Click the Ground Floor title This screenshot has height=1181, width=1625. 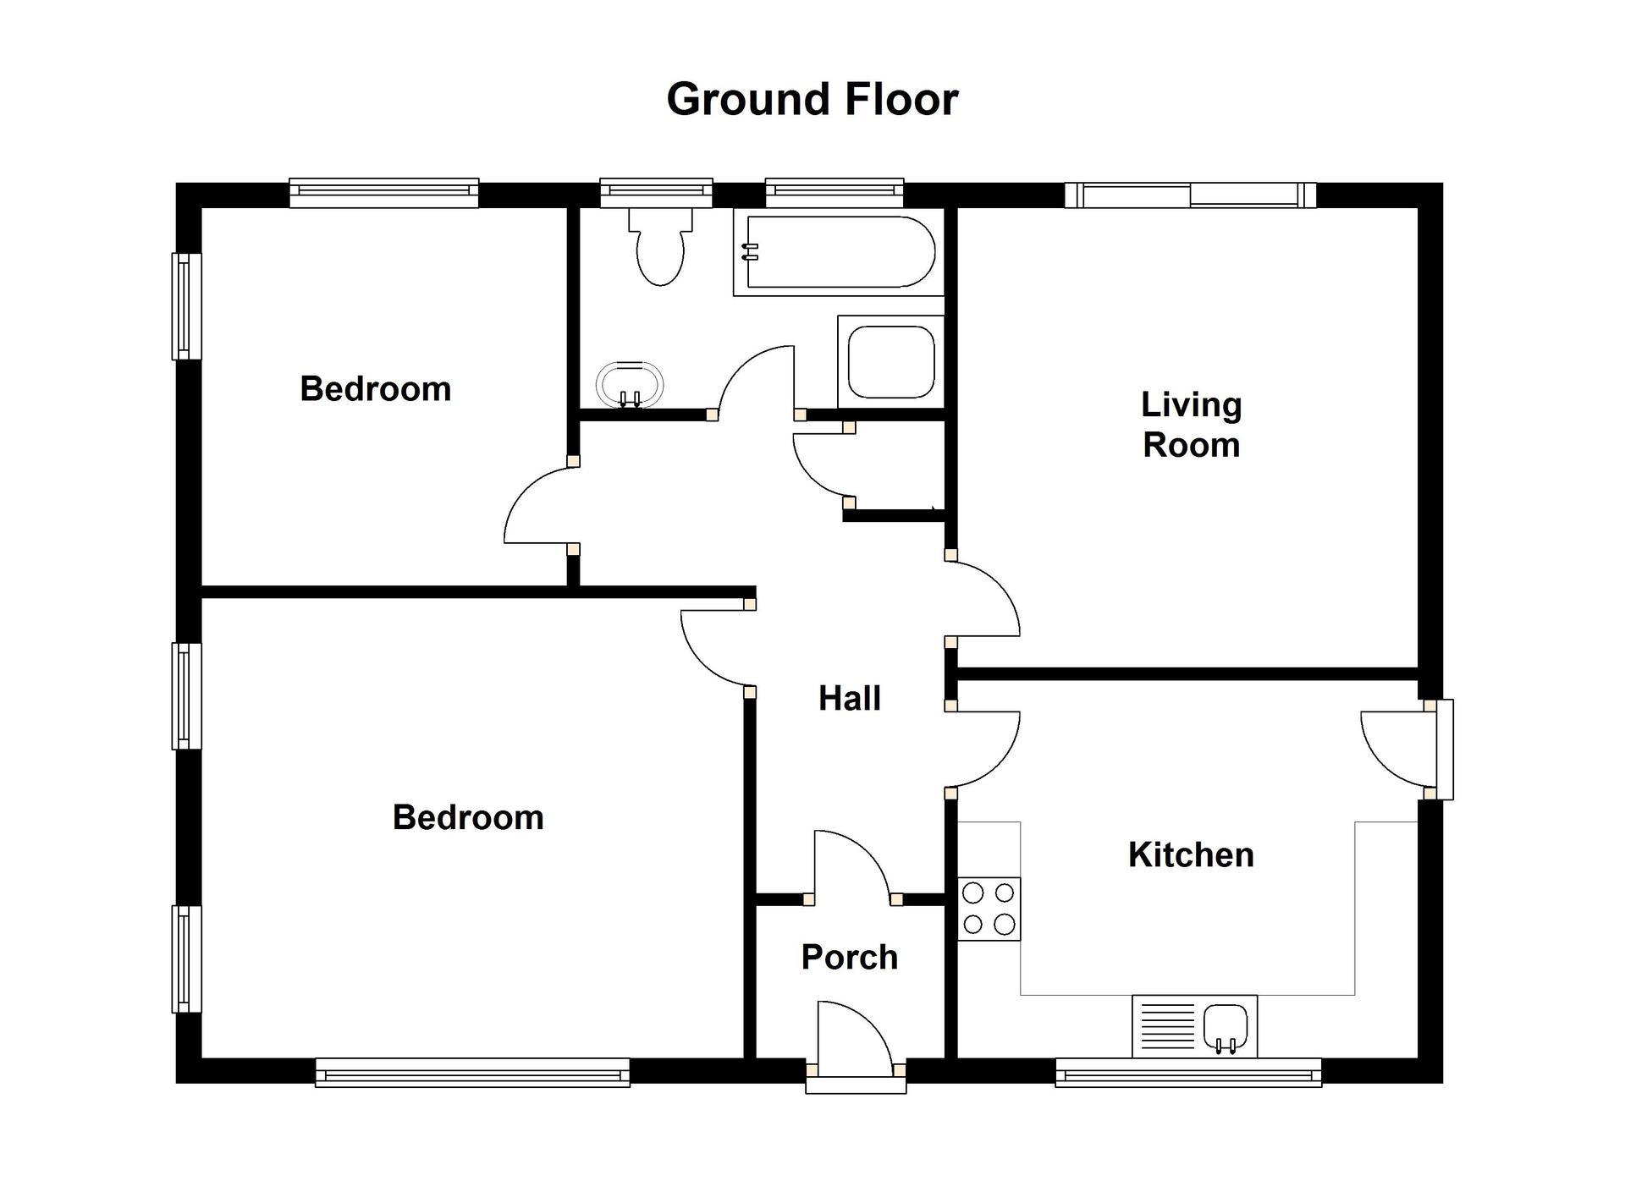[812, 99]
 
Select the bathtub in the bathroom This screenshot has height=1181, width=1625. [838, 252]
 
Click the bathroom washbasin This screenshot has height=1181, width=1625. [630, 386]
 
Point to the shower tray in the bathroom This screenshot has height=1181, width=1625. [891, 362]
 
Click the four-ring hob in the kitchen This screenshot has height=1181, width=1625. [989, 909]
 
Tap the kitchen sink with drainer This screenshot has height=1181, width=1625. [1194, 1026]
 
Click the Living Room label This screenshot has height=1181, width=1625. [1192, 425]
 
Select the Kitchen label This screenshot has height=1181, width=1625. [1191, 855]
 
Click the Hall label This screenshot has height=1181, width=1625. [850, 699]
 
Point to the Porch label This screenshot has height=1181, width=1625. [850, 958]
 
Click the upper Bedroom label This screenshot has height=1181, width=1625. [376, 389]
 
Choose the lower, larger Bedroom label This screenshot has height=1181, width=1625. [468, 818]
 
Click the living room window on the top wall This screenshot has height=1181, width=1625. [1191, 195]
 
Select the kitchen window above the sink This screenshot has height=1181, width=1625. [1188, 1072]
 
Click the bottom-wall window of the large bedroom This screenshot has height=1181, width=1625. [472, 1072]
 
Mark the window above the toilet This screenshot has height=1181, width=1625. [657, 193]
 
